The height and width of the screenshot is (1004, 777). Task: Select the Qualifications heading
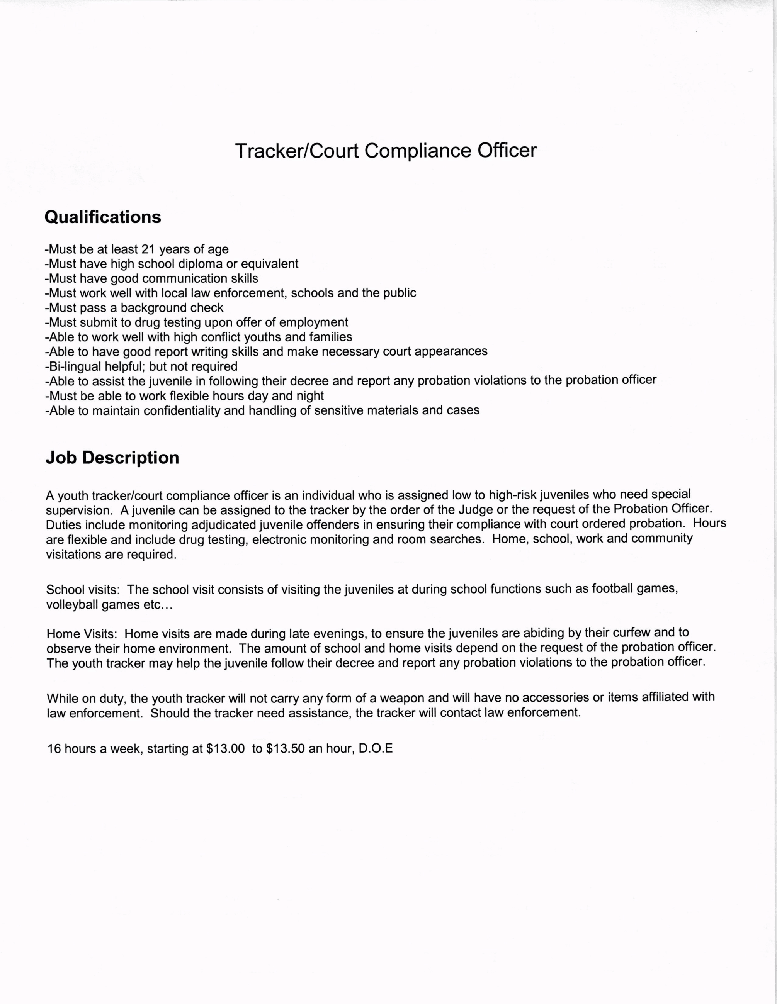103,217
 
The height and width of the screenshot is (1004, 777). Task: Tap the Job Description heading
112,458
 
